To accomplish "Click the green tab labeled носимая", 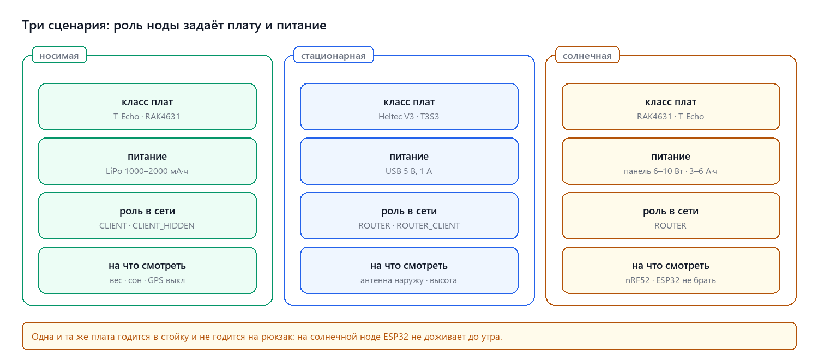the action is pos(59,55).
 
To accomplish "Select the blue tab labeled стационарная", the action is pos(333,55).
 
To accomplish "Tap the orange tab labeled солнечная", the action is pos(587,55).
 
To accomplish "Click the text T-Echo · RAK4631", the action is pos(147,117).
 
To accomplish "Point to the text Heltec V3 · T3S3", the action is pos(408,117).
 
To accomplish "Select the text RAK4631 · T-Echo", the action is pos(670,117).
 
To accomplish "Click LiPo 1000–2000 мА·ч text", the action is pos(147,171).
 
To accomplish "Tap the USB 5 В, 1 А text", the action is pos(408,171).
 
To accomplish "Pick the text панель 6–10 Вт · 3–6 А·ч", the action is pos(670,171).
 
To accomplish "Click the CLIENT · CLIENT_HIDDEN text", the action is pos(147,226).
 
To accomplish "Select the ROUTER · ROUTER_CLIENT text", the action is pos(408,226).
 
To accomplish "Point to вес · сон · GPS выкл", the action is pos(147,280).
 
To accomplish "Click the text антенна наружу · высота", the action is pos(408,280).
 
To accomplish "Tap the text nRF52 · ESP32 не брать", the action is pos(670,280).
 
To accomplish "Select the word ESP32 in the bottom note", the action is pos(395,336).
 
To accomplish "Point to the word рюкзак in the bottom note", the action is pos(277,337).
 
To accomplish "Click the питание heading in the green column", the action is pos(147,156).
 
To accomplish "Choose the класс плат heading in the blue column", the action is pos(408,102).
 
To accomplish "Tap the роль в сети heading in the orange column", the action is pos(670,211).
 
